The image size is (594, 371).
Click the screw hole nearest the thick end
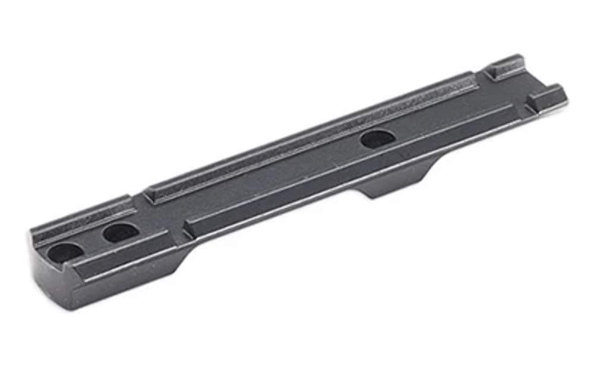pos(64,252)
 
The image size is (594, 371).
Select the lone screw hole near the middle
pos(377,139)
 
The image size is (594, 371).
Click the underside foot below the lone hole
pos(395,181)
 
